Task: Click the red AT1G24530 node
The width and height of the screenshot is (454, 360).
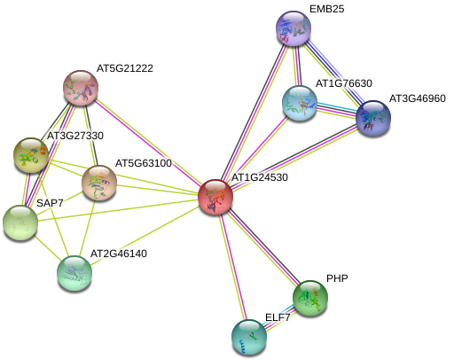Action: click(x=215, y=197)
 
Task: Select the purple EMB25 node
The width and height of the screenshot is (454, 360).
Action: click(x=294, y=28)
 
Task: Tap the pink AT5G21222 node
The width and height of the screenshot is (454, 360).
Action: click(x=81, y=88)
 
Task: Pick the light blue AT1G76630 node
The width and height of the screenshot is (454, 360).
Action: click(x=300, y=103)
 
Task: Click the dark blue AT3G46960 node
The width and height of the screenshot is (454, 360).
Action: click(x=373, y=118)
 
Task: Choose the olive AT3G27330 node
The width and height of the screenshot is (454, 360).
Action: click(x=31, y=155)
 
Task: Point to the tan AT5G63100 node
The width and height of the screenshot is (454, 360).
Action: click(x=99, y=183)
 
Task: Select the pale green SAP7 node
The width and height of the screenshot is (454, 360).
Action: click(x=20, y=223)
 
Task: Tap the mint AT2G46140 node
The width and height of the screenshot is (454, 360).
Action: click(x=74, y=273)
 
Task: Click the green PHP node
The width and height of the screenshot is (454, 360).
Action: click(x=310, y=298)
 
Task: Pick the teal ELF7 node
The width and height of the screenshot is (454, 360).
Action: click(x=249, y=337)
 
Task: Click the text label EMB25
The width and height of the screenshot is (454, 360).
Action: click(x=327, y=9)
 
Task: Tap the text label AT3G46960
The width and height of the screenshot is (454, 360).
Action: click(x=418, y=98)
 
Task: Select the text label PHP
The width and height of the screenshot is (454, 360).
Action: click(x=337, y=278)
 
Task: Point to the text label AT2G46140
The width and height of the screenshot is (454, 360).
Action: click(x=119, y=254)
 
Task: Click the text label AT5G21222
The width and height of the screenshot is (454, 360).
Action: click(x=125, y=68)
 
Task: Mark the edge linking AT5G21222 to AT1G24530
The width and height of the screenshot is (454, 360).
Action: click(x=148, y=143)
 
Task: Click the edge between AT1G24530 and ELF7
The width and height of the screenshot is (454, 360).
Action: click(x=232, y=267)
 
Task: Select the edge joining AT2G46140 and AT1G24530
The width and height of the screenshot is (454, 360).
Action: click(x=145, y=235)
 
